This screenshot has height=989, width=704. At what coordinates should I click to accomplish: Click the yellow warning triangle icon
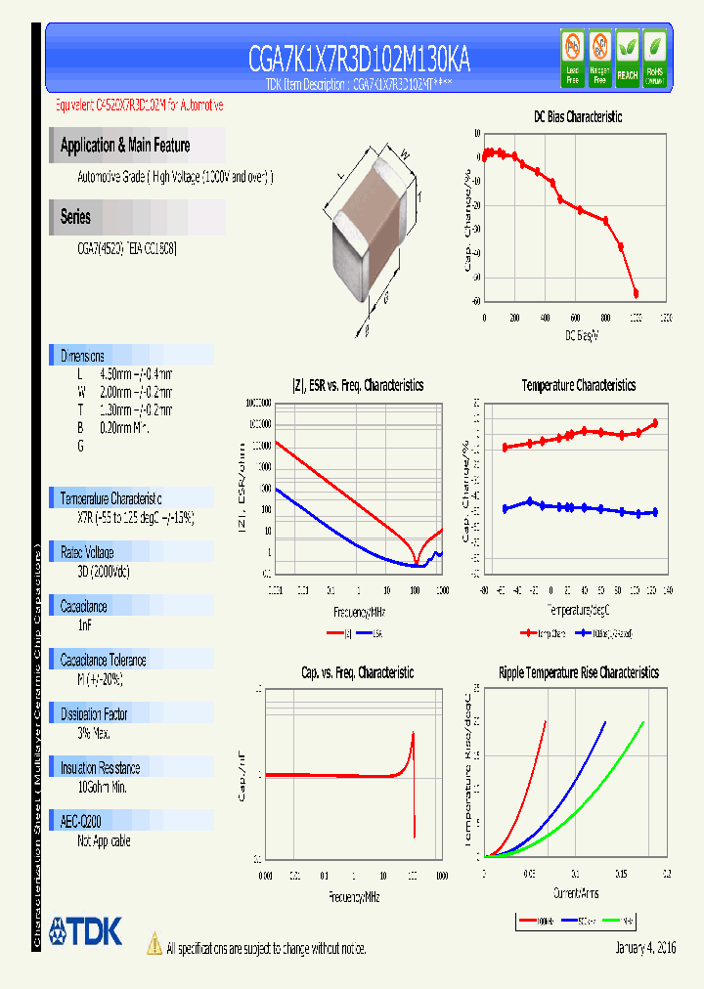pyautogui.click(x=154, y=943)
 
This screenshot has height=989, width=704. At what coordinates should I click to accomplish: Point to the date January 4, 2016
pyautogui.click(x=645, y=948)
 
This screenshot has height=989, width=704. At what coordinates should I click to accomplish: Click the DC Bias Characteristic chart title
pyautogui.click(x=577, y=117)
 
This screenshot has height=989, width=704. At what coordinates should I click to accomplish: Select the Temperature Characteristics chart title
pyautogui.click(x=578, y=386)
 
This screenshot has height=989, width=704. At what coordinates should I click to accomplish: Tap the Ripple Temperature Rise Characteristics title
pyautogui.click(x=578, y=673)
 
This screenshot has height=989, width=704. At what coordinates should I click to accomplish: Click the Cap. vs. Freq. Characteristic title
pyautogui.click(x=356, y=673)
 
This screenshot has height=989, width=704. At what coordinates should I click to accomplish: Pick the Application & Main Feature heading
pyautogui.click(x=125, y=146)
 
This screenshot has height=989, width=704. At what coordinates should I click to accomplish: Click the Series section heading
pyautogui.click(x=75, y=217)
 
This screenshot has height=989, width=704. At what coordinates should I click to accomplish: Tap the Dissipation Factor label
pyautogui.click(x=95, y=714)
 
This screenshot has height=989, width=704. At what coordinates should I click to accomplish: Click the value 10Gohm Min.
pyautogui.click(x=103, y=787)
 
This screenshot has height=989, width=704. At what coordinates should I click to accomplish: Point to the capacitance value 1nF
pyautogui.click(x=84, y=624)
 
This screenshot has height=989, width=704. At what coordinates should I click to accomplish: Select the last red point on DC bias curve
pyautogui.click(x=636, y=293)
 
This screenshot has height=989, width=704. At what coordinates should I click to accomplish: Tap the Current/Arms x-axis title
pyautogui.click(x=576, y=893)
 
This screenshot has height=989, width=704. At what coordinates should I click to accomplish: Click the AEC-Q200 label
pyautogui.click(x=80, y=822)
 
